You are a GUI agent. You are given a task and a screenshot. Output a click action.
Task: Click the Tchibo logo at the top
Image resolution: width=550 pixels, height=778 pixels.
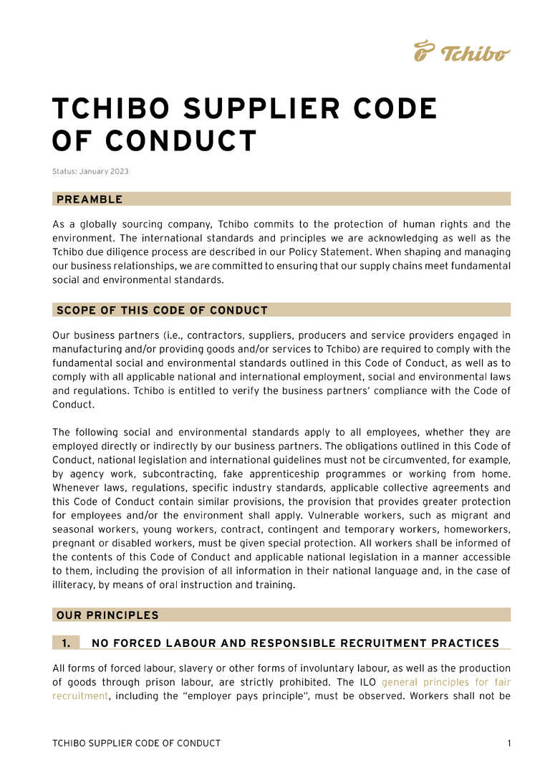[462, 52]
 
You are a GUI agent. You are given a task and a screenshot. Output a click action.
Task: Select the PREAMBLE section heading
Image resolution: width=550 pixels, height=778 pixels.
[90, 199]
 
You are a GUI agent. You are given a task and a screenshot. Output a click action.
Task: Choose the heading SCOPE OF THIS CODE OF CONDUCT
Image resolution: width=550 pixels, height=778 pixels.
[162, 310]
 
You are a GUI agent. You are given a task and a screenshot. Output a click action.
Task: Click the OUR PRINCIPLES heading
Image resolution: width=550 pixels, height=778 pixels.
[107, 615]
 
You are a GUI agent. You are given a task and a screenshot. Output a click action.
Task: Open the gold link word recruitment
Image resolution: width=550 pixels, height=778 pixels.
[80, 696]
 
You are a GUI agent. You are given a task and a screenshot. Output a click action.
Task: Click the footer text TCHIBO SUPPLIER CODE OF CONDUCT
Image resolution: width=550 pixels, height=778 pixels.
[136, 744]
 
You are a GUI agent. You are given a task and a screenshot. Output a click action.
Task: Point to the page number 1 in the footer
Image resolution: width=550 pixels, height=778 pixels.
[509, 744]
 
